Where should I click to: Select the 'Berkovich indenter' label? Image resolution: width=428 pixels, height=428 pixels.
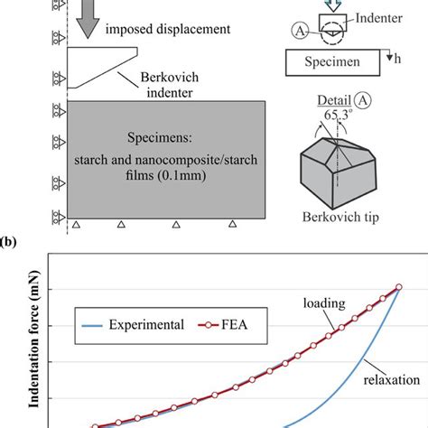(171, 87)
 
